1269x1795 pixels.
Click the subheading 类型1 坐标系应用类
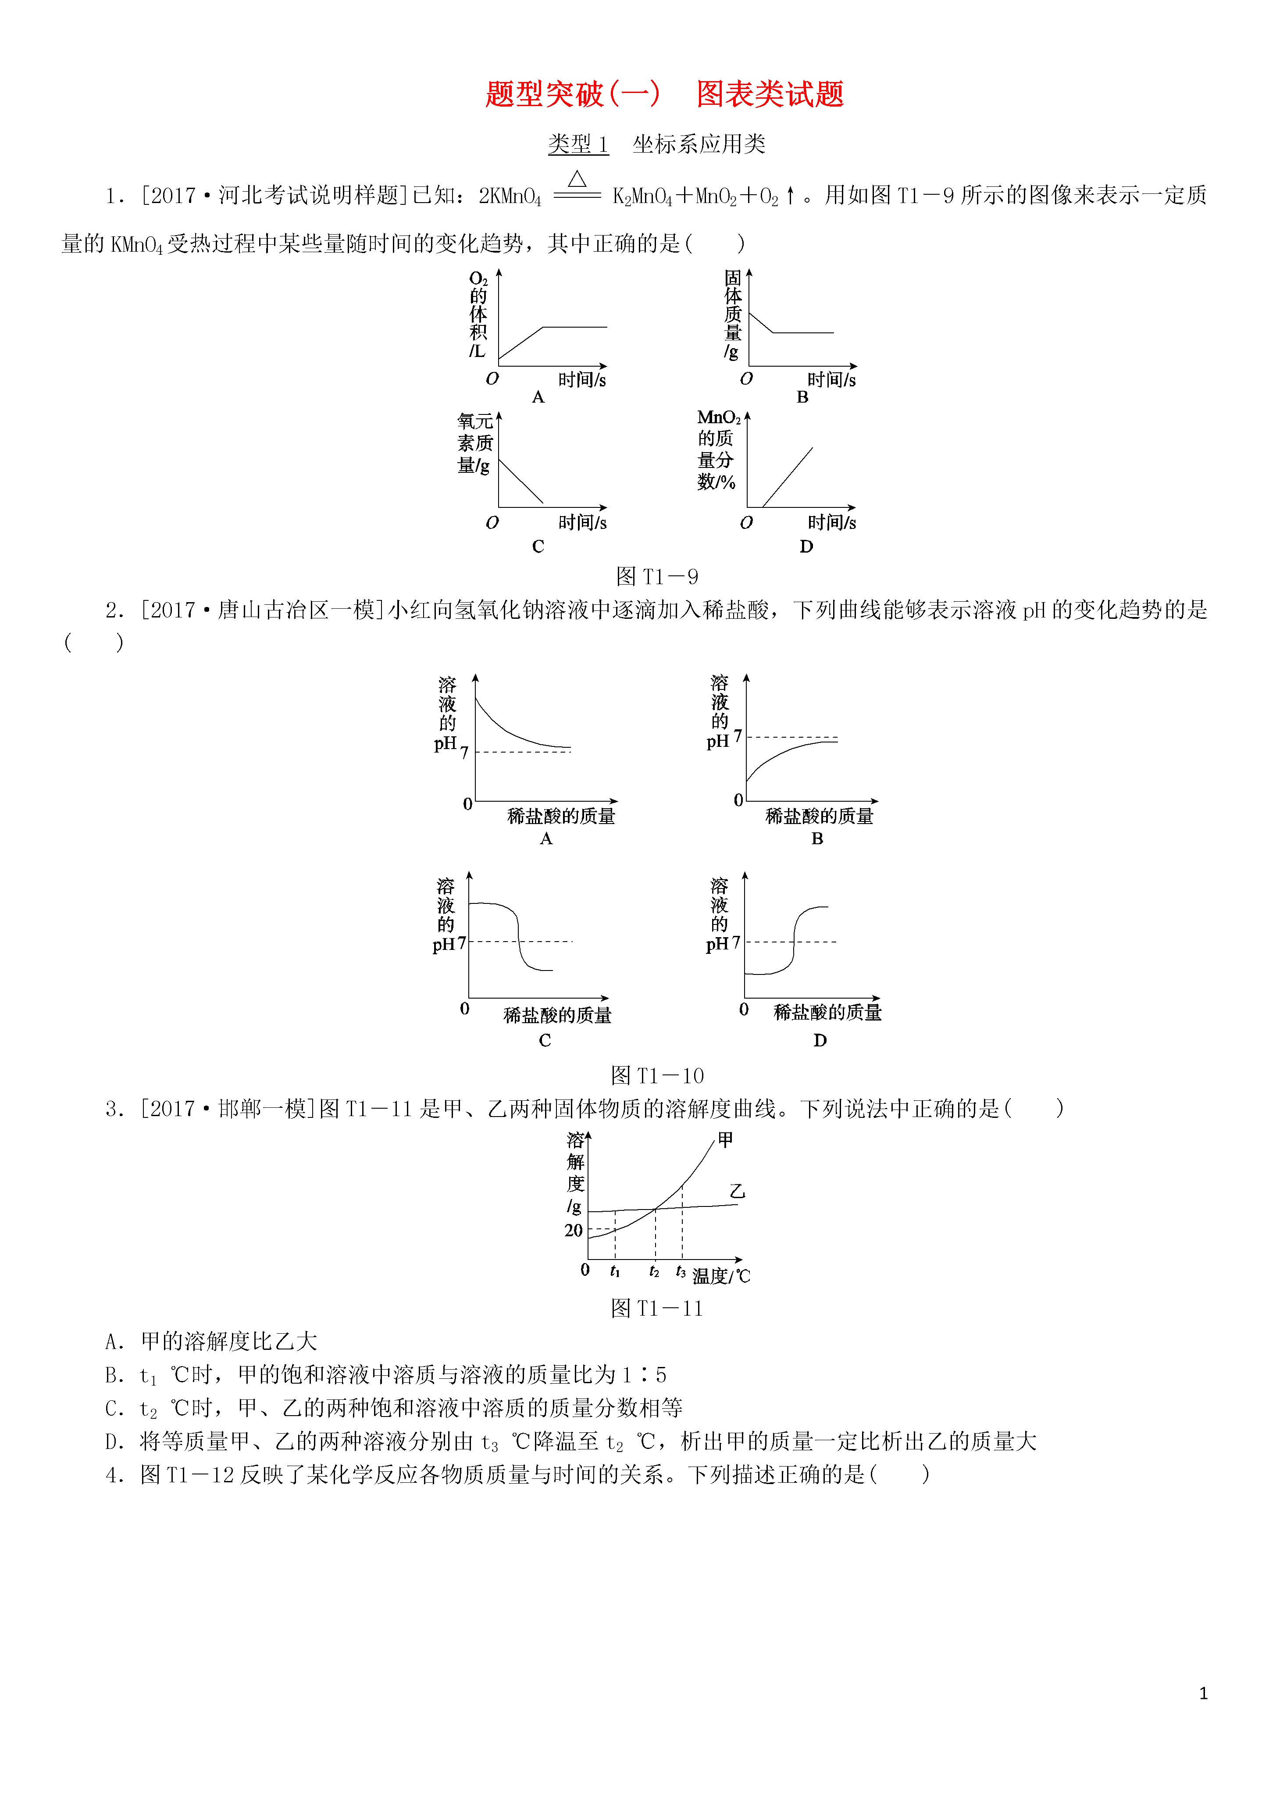(x=657, y=144)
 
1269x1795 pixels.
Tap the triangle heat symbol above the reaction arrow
(x=577, y=179)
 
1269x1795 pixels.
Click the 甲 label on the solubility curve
(x=726, y=1140)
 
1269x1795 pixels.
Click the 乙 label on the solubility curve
(x=737, y=1192)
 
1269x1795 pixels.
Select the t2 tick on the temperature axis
(x=654, y=1272)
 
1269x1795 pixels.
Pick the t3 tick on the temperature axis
(x=681, y=1272)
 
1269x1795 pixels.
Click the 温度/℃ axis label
(x=721, y=1276)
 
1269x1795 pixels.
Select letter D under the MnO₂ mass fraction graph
(x=806, y=546)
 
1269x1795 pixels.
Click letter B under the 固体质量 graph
(x=802, y=397)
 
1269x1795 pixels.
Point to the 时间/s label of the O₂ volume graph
(x=582, y=380)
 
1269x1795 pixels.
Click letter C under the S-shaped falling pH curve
(x=545, y=1041)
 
